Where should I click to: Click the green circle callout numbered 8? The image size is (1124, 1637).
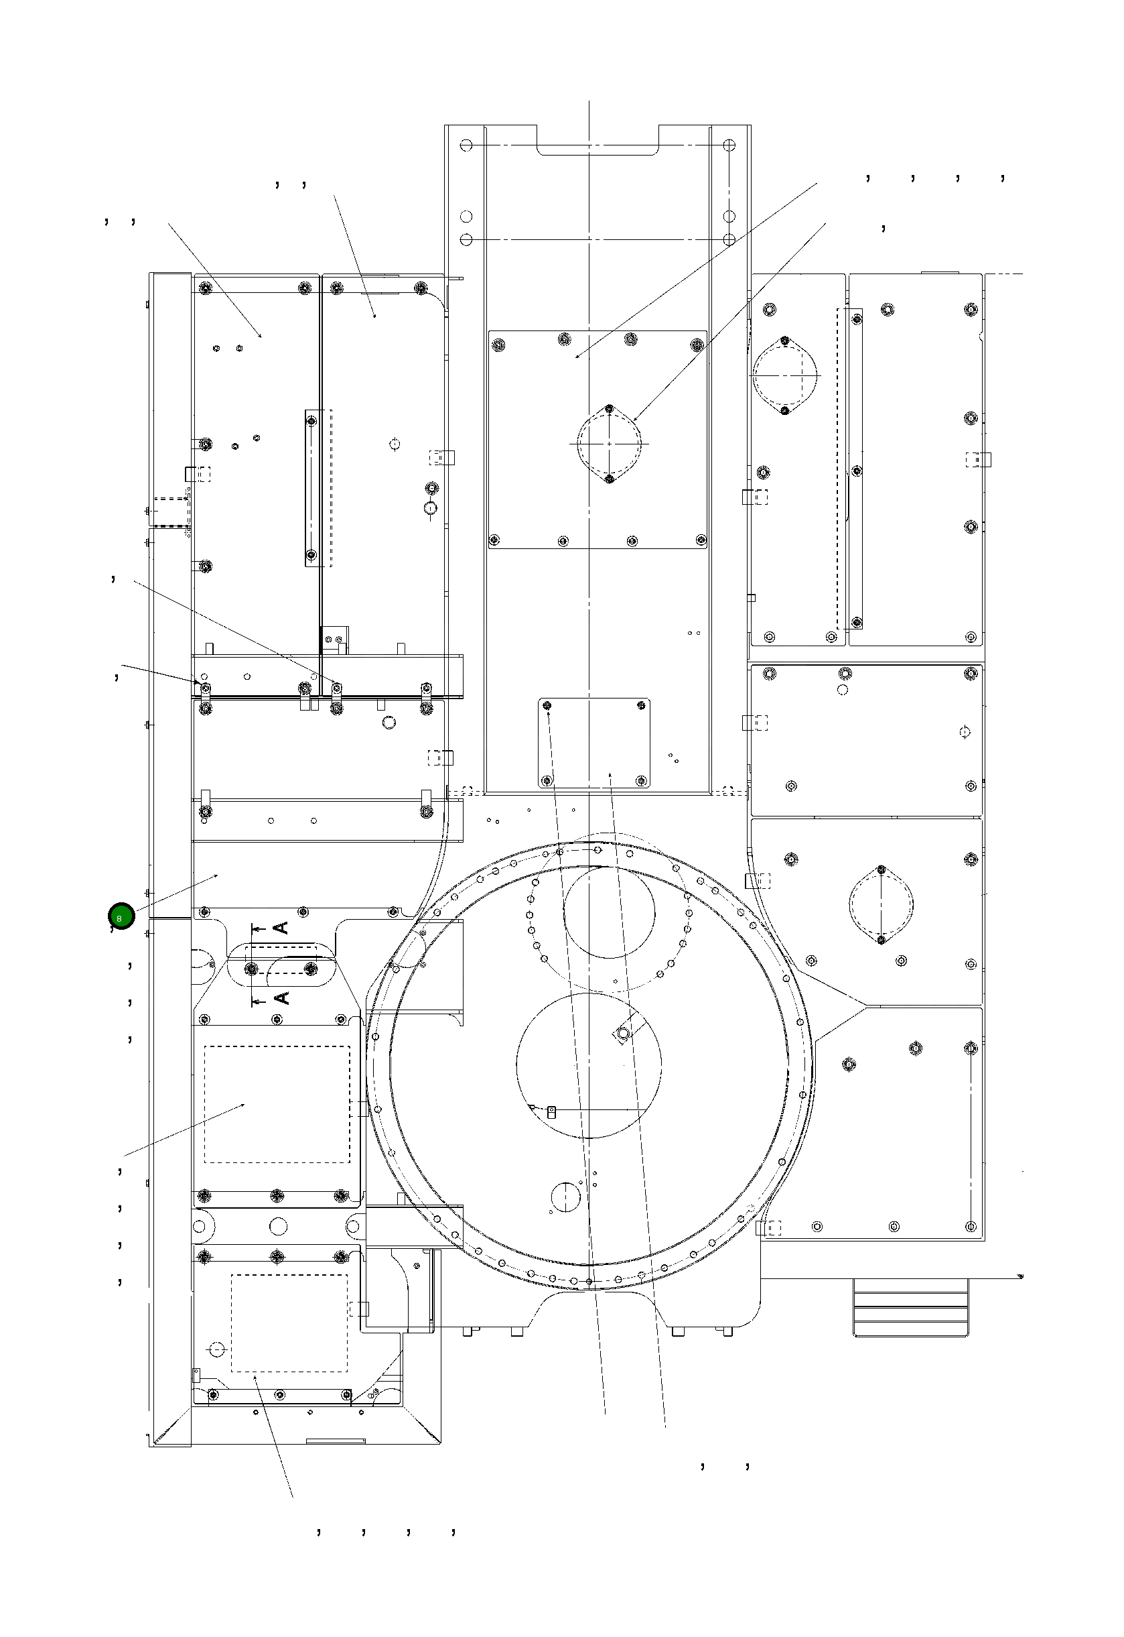[x=121, y=917]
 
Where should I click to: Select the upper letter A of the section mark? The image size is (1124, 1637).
[x=281, y=927]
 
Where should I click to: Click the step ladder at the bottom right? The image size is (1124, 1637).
[x=910, y=1306]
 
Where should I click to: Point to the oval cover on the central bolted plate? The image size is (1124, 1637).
[x=609, y=444]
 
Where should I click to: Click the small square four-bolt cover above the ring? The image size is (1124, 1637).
[x=594, y=743]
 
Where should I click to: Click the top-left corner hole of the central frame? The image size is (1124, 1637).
[x=466, y=145]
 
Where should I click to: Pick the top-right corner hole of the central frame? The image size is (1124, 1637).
[x=729, y=145]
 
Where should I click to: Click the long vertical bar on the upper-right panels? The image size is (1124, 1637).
[x=855, y=469]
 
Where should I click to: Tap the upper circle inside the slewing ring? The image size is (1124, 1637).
[x=609, y=912]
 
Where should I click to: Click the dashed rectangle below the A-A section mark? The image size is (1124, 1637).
[x=277, y=1104]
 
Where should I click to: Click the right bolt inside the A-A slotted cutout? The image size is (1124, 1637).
[x=311, y=969]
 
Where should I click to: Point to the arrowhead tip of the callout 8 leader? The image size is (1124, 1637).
[x=219, y=875]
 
